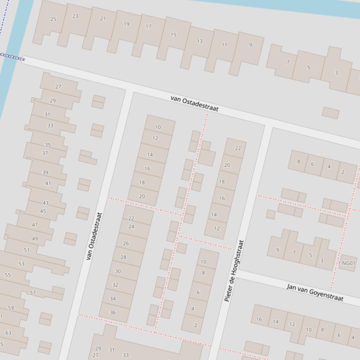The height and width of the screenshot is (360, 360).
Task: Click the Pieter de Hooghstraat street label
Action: [234, 271]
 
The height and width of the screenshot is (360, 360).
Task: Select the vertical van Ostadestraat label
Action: [94, 236]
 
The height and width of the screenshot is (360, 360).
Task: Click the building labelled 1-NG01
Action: [346, 263]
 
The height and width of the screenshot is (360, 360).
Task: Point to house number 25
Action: [53, 19]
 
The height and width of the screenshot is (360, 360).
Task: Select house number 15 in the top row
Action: [173, 35]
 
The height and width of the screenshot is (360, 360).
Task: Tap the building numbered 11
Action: [224, 45]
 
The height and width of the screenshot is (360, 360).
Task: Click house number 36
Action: [113, 312]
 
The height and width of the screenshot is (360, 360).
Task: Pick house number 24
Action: [131, 227]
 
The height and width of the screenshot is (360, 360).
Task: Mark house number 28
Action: [123, 257]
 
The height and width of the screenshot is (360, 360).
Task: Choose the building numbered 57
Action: [33, 293]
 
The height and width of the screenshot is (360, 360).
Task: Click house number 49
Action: [35, 239]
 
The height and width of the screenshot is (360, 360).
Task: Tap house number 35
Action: [47, 145]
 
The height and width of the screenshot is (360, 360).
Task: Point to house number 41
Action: [48, 183]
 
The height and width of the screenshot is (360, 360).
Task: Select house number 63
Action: [8, 333]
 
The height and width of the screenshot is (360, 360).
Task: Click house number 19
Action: [126, 24]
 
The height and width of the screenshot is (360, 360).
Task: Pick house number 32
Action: [115, 285]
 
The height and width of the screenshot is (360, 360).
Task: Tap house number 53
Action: [22, 264]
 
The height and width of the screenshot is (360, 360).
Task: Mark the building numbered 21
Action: [102, 19]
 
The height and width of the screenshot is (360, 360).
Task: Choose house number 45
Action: [43, 211]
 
